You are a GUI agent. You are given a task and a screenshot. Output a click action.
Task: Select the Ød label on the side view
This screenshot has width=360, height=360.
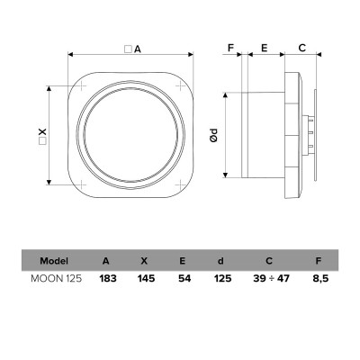pos(213,135)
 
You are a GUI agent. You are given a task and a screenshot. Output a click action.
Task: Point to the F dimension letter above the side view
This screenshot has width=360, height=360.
pos(230,48)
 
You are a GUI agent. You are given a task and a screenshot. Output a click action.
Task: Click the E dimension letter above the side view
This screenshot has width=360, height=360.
pos(265,48)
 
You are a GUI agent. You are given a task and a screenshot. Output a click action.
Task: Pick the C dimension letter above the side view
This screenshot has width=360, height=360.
pos(301,48)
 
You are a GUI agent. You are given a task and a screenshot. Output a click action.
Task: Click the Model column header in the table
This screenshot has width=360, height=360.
pos(54,261)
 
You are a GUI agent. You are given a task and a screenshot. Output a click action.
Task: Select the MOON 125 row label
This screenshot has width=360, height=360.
pos(56,278)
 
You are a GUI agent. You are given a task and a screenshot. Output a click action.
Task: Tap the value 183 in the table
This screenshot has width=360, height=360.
pos(108,278)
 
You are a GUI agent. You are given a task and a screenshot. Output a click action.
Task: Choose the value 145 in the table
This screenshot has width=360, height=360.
pos(146,278)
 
